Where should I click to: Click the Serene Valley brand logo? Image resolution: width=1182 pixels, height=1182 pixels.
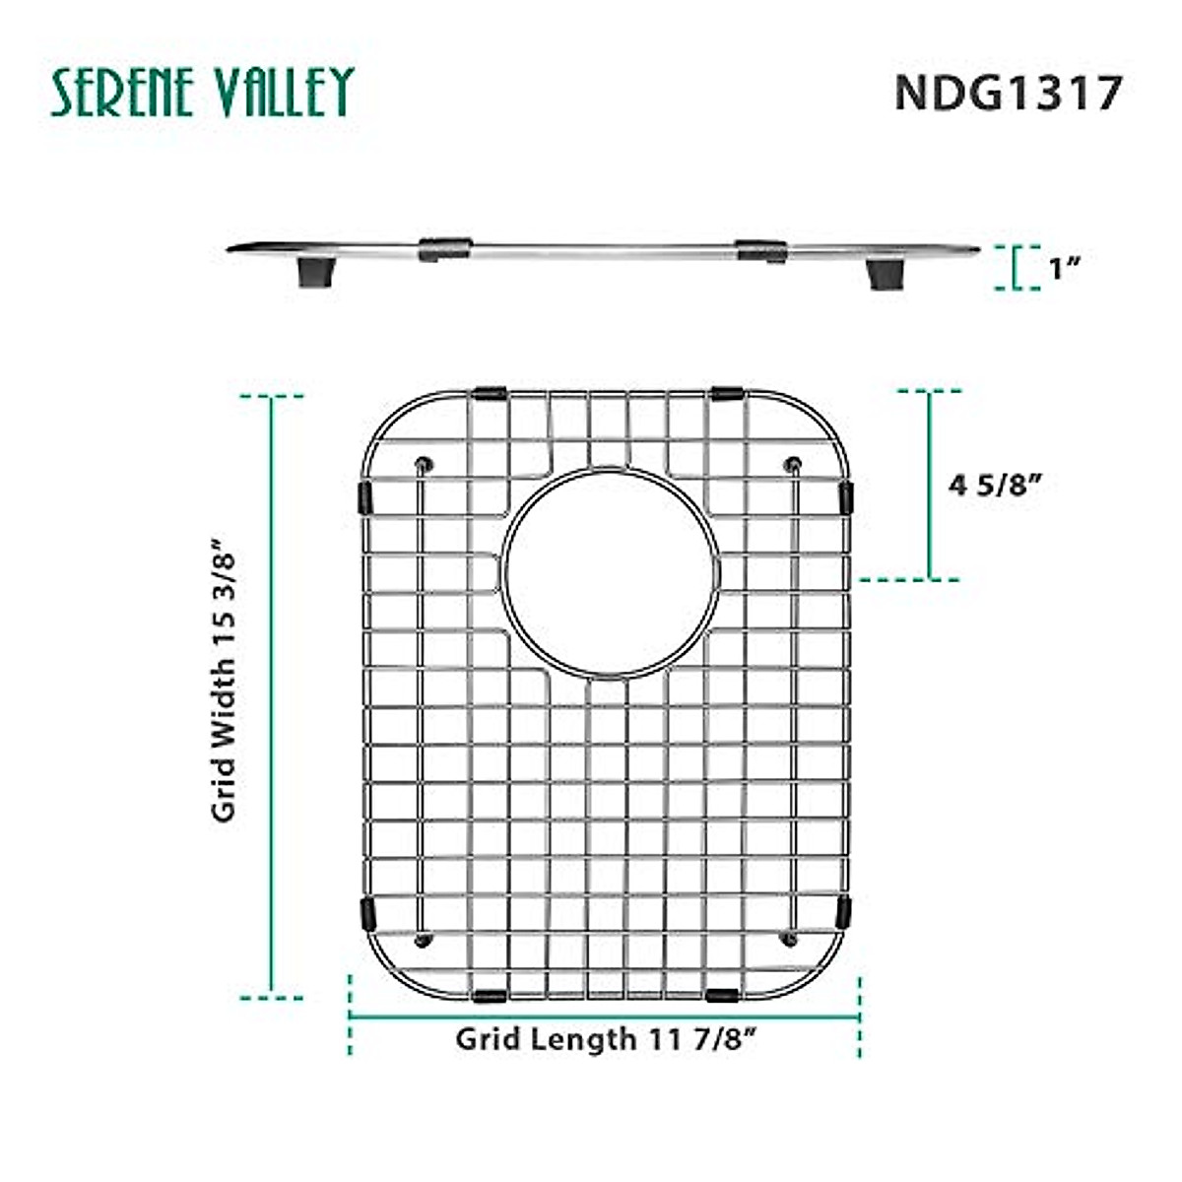tap(202, 93)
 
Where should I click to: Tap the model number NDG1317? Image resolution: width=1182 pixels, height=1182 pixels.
tap(1008, 94)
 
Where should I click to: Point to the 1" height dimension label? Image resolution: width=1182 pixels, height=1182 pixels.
tap(1066, 268)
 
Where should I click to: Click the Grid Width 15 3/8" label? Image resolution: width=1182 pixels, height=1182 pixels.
tap(225, 680)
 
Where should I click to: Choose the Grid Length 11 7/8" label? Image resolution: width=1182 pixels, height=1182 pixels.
tap(606, 1038)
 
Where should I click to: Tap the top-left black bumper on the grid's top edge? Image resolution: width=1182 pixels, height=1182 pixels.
tap(489, 393)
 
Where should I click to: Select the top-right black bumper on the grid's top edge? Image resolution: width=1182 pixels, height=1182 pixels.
tap(727, 393)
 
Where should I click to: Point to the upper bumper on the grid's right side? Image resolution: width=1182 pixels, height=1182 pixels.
tap(845, 496)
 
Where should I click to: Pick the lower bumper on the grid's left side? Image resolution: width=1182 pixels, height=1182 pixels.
tap(367, 913)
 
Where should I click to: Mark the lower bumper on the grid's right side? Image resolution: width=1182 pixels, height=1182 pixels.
tap(844, 912)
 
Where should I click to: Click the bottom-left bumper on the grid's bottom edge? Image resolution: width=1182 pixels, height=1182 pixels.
tap(490, 995)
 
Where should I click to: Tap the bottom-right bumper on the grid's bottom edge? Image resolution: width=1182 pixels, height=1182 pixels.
tap(723, 995)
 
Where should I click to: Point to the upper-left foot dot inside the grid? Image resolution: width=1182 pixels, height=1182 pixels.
tap(425, 463)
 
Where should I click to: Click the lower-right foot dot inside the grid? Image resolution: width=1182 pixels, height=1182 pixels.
tap(790, 940)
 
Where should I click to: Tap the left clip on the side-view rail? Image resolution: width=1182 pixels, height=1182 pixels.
tap(445, 249)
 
